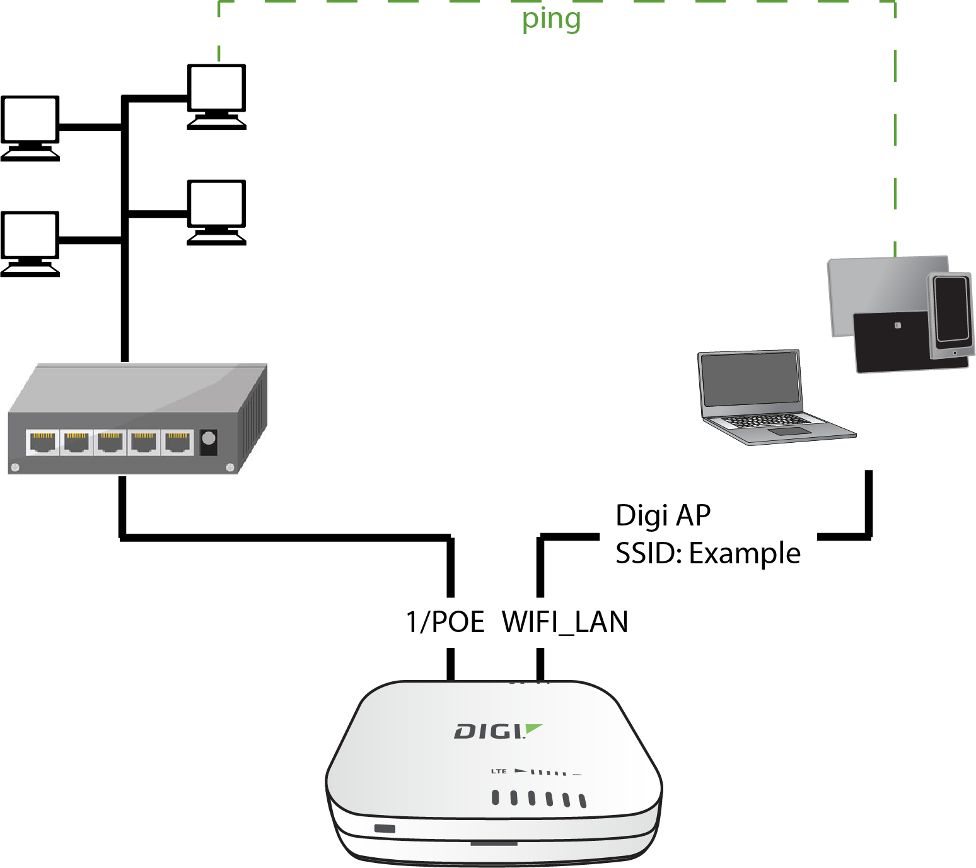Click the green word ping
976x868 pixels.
[550, 20]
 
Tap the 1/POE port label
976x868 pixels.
[445, 622]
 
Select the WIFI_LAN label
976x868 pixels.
[565, 622]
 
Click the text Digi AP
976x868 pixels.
[663, 515]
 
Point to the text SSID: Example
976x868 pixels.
[707, 553]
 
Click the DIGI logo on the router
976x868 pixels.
[497, 731]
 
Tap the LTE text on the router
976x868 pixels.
[499, 771]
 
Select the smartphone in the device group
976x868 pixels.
[951, 314]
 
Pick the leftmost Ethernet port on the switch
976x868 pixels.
[43, 442]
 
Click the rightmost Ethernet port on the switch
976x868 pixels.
[177, 442]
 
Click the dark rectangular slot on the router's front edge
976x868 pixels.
[385, 828]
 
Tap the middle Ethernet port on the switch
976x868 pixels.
[110, 442]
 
